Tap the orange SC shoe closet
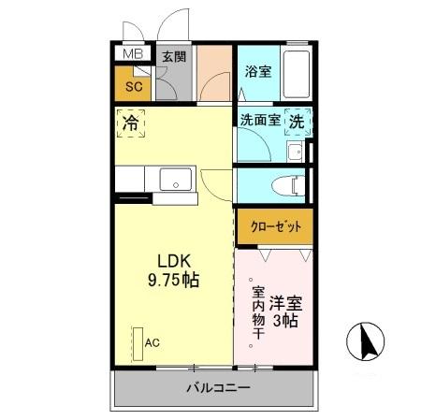coord(133,85)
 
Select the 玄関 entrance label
coord(174,56)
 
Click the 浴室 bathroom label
coord(258,71)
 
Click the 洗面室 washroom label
coord(259,120)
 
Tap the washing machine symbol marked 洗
coord(297,120)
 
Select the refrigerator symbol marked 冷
coord(132,122)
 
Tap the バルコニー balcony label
coord(216,388)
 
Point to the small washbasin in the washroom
coord(296,152)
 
